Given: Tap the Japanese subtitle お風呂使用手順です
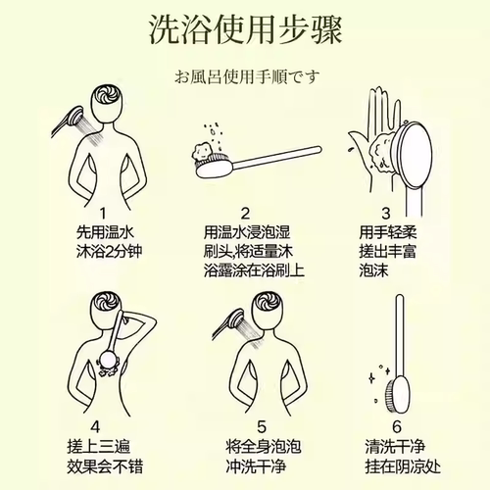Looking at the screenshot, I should [x=244, y=74].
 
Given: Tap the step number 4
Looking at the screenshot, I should [x=95, y=427].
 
